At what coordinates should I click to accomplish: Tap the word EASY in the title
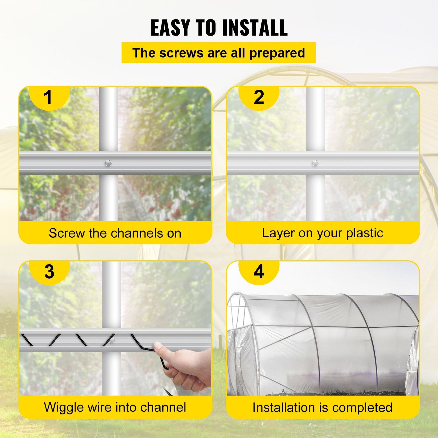170,28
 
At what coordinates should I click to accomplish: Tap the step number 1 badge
48,97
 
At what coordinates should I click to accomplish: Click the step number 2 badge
259,97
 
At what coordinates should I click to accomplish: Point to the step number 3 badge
49,272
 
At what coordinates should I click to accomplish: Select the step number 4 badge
259,272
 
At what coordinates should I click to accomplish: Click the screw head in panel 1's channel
108,163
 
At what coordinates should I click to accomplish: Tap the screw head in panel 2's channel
315,163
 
